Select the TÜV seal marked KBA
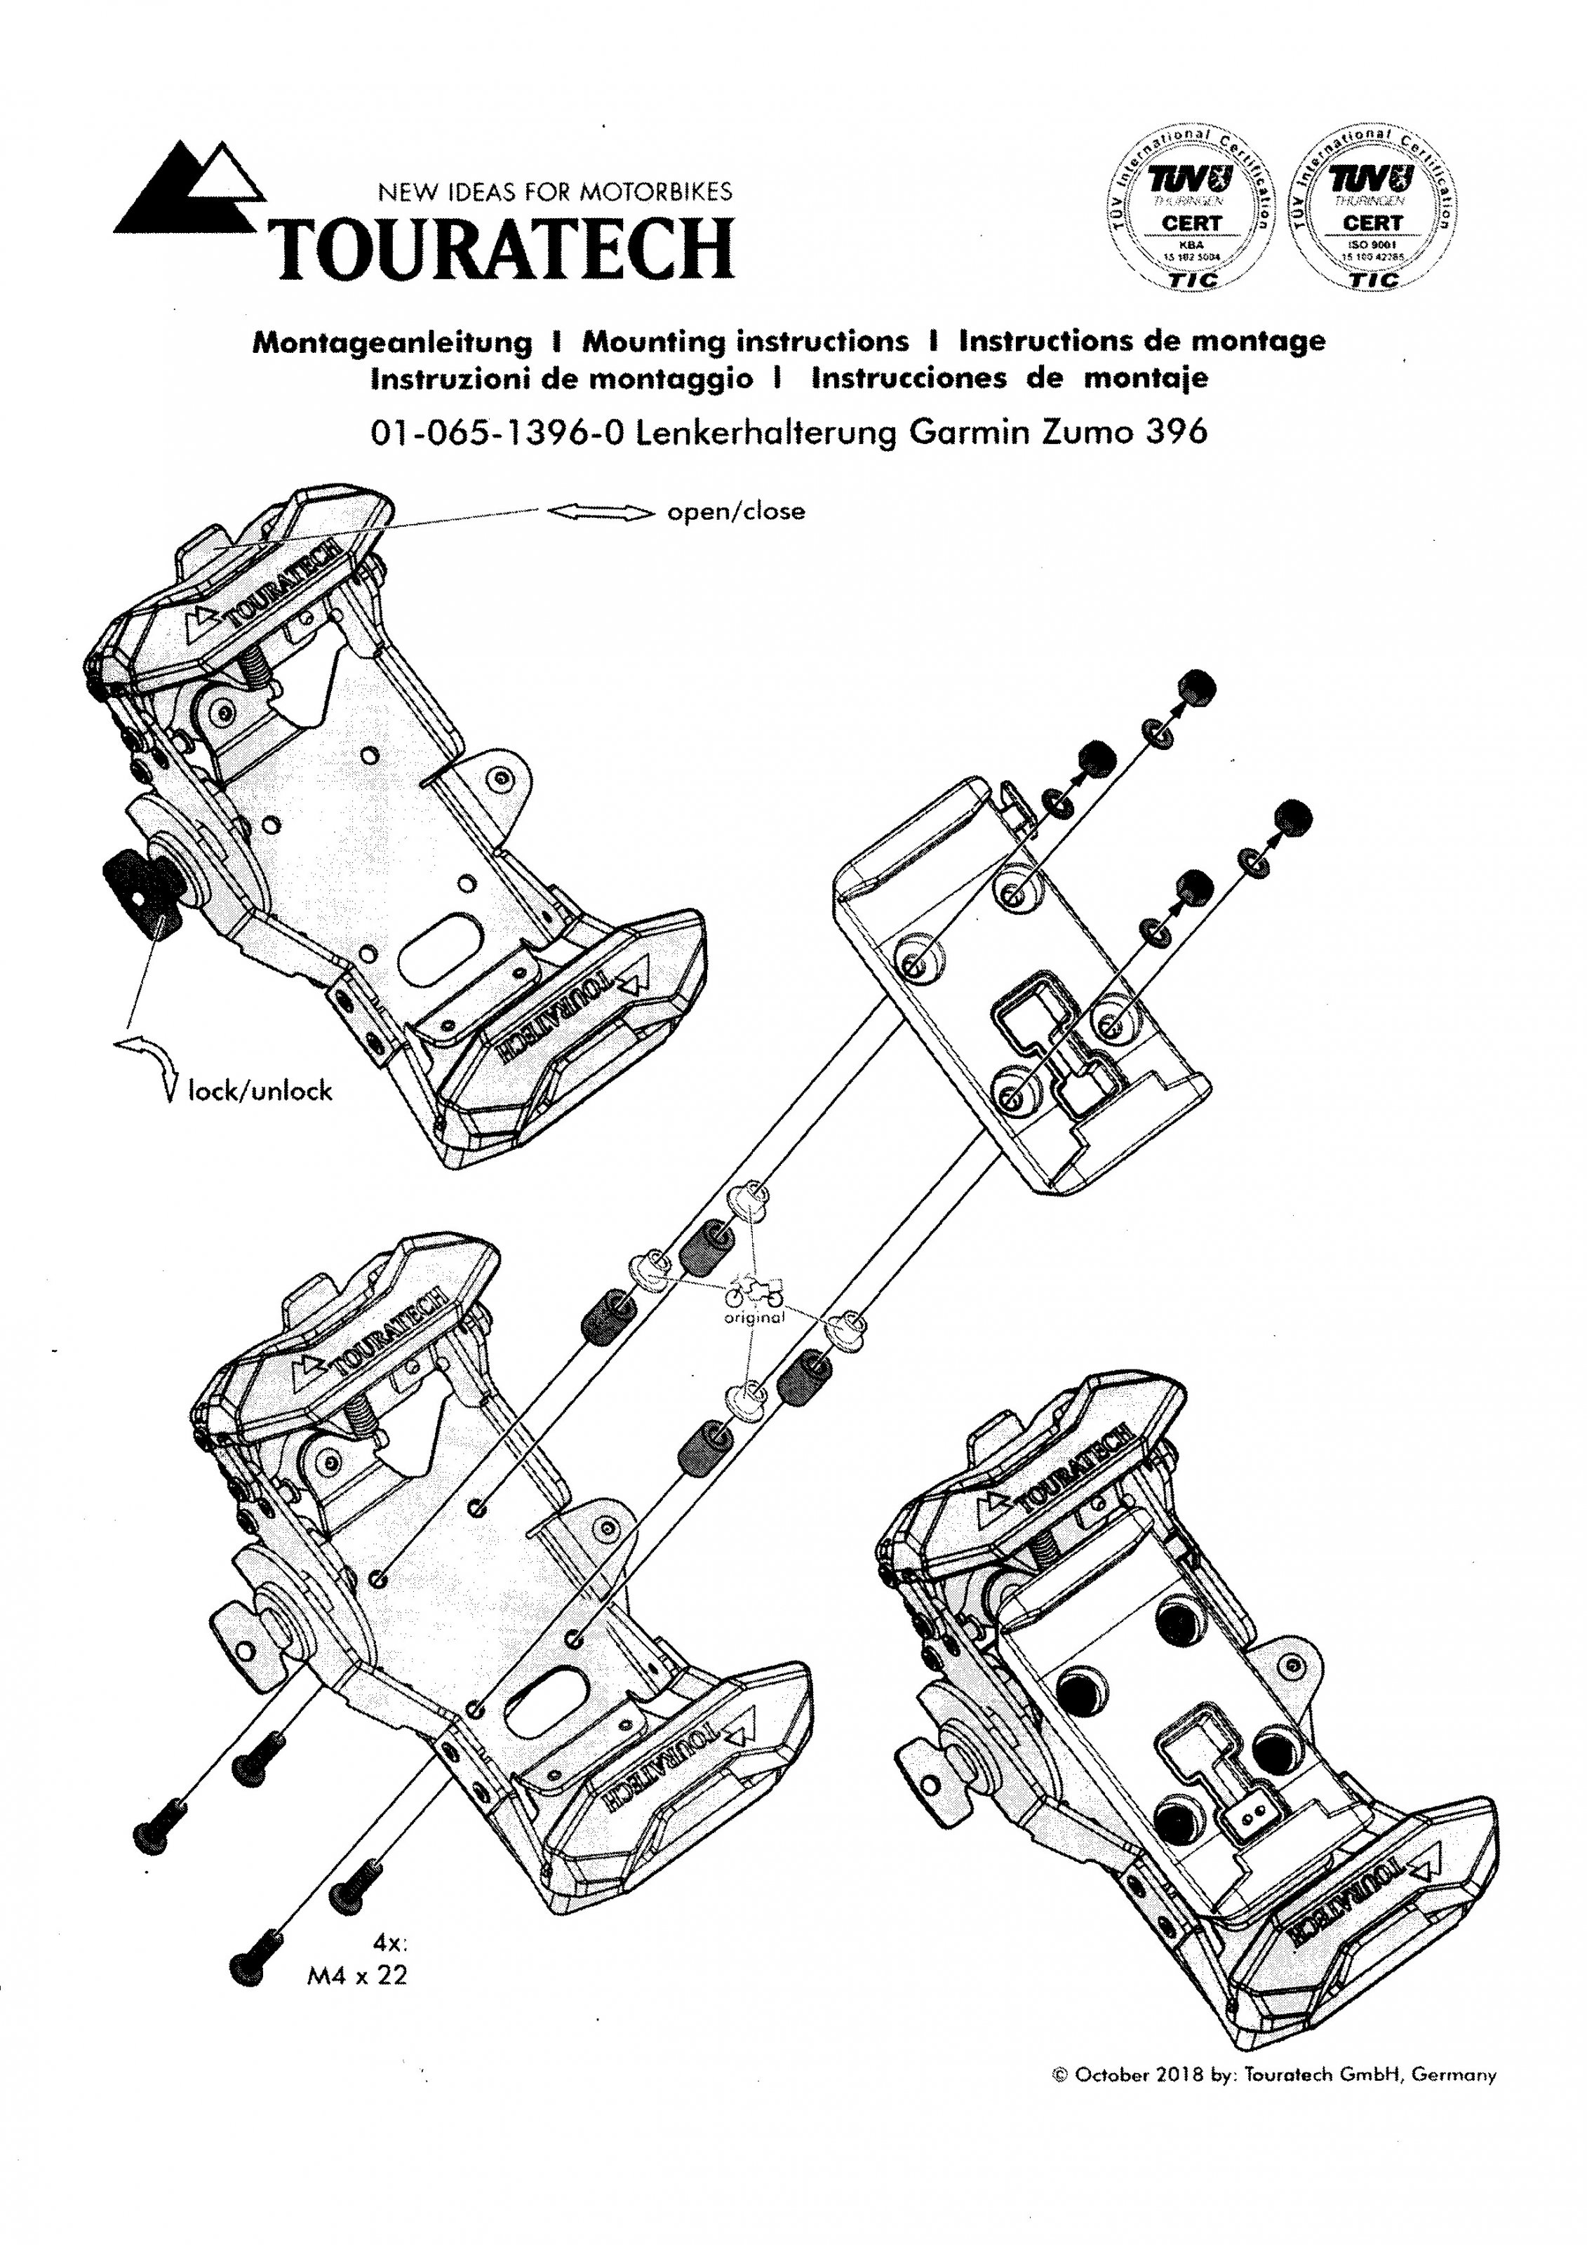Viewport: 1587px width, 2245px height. (x=1190, y=210)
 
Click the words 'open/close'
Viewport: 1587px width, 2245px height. (x=735, y=511)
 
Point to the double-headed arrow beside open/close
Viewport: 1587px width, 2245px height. (x=599, y=512)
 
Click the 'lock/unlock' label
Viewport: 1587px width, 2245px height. (x=260, y=1090)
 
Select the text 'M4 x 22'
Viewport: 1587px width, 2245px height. (x=357, y=1976)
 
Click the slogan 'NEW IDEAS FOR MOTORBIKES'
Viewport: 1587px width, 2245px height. (x=554, y=192)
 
